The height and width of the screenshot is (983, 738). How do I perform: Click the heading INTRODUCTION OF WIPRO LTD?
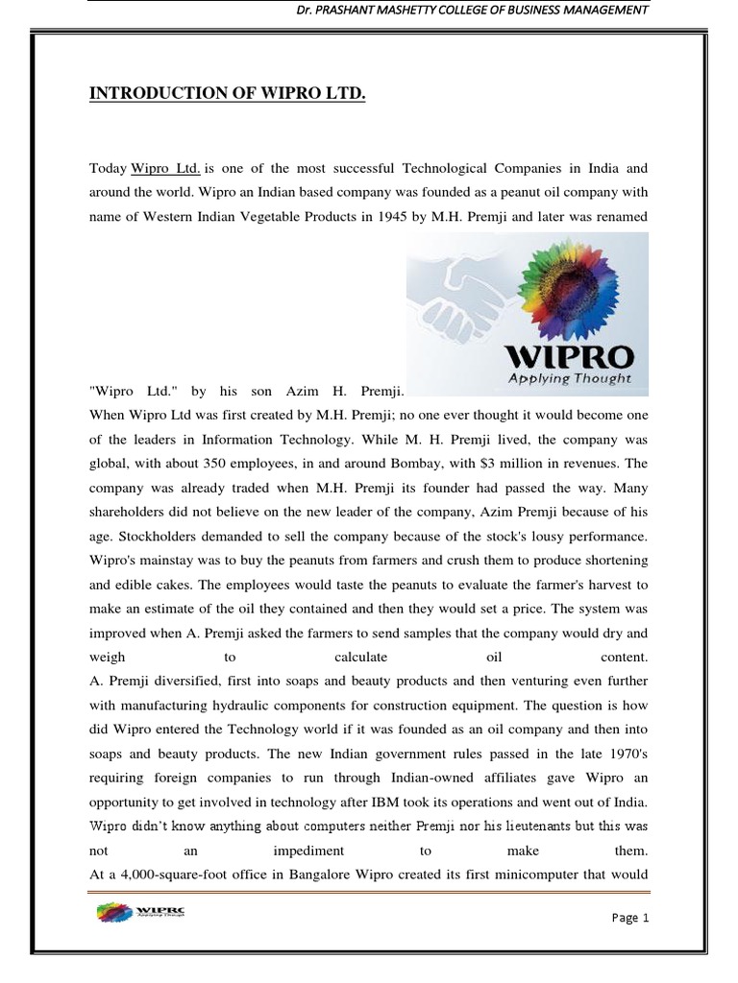click(x=228, y=93)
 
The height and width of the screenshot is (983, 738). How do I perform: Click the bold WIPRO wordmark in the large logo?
click(x=570, y=358)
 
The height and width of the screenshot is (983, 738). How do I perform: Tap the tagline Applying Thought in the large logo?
click(x=570, y=378)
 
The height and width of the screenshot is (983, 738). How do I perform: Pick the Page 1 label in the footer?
click(x=630, y=918)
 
